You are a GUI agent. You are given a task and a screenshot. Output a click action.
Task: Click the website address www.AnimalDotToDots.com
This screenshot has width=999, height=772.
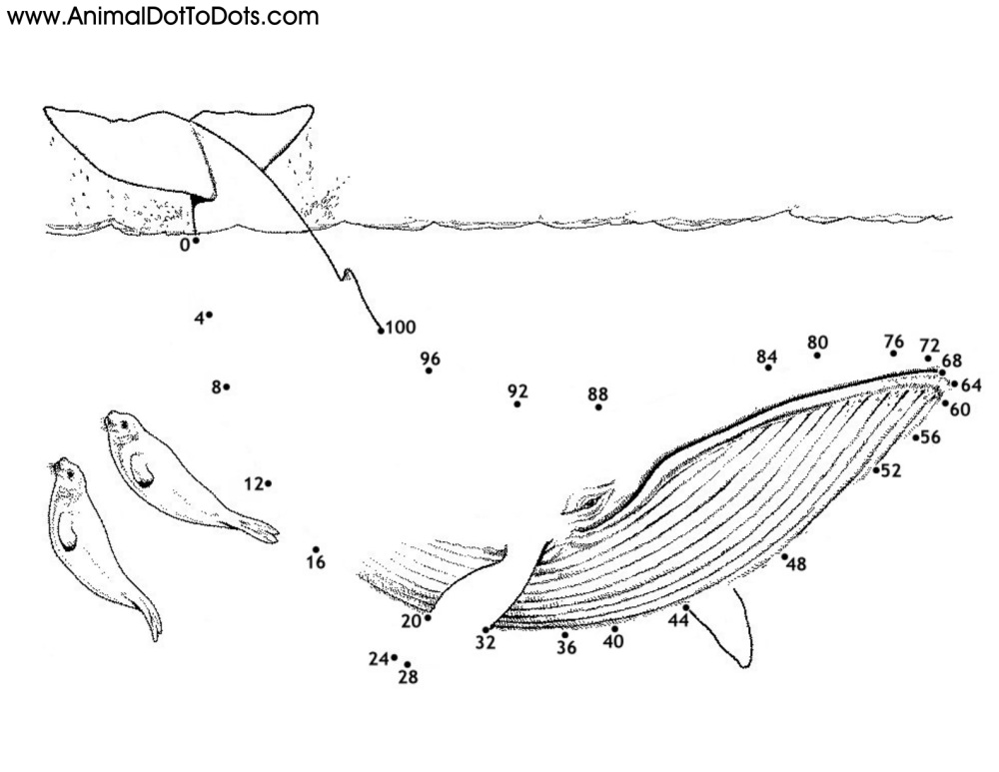(162, 16)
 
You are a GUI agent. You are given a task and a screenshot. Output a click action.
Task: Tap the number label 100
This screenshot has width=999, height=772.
(401, 327)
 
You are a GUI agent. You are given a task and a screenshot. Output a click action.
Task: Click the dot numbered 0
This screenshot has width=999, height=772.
(197, 240)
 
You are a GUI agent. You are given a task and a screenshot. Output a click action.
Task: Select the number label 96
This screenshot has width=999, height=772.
(431, 359)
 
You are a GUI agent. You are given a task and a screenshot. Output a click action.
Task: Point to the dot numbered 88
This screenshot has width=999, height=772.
(598, 406)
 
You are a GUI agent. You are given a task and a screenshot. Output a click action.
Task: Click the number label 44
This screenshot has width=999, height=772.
(679, 620)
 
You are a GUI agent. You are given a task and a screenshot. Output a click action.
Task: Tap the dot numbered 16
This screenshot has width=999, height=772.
(316, 549)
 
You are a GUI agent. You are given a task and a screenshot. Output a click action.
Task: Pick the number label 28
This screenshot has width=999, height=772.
(408, 678)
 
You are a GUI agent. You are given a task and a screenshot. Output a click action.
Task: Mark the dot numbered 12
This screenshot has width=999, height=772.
(269, 483)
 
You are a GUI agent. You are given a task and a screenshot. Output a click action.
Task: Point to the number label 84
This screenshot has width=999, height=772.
(767, 356)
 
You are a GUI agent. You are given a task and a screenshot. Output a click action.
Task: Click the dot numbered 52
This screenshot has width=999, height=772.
(876, 469)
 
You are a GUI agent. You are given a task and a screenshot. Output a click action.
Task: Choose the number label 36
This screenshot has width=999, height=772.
(566, 647)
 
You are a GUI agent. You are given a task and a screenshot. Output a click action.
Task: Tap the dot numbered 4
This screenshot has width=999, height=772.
(210, 315)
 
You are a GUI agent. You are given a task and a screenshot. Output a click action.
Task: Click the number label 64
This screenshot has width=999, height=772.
(971, 385)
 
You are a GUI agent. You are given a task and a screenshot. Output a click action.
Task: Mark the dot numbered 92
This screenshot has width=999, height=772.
(517, 404)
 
